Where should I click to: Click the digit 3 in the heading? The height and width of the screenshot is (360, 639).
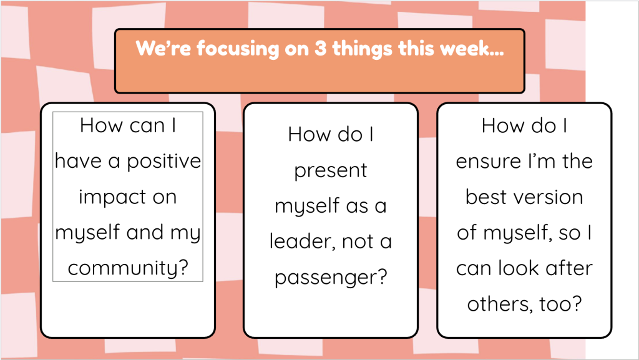tap(320, 49)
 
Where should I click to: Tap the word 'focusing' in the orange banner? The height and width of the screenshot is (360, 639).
tap(238, 49)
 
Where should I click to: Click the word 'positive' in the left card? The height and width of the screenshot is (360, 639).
tap(164, 161)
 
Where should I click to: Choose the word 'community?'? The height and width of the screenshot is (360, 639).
tap(128, 268)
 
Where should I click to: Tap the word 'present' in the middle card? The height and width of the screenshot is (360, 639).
tap(331, 170)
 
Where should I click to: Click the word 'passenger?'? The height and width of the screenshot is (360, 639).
tap(331, 277)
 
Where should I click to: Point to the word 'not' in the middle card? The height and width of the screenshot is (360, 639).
tap(358, 242)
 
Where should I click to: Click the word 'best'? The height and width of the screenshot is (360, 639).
tap(484, 197)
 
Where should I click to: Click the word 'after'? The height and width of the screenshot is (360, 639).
tap(569, 268)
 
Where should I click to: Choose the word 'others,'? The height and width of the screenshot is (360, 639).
tap(500, 304)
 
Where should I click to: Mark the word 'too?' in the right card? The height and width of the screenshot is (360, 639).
tap(560, 304)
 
